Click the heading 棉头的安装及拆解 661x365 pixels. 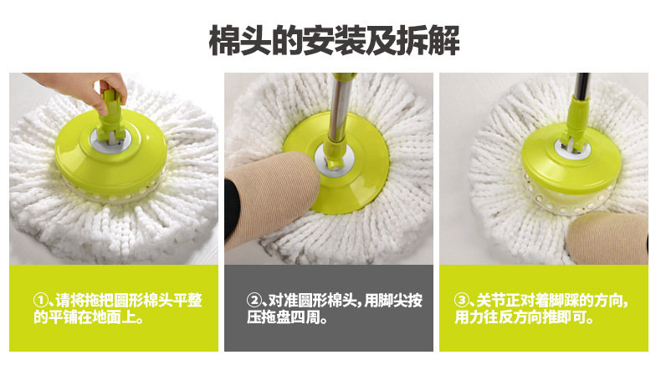coord(334,40)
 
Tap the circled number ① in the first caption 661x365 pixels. coord(40,301)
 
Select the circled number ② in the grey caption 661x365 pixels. coord(254,301)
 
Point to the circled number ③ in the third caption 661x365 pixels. coord(462,301)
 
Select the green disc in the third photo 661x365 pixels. coord(571,158)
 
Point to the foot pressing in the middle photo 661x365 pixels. coord(269,198)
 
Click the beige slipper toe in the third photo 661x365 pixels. coord(607,238)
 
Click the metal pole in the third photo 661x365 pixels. coord(582,85)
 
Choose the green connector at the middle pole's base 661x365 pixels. coord(336,155)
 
